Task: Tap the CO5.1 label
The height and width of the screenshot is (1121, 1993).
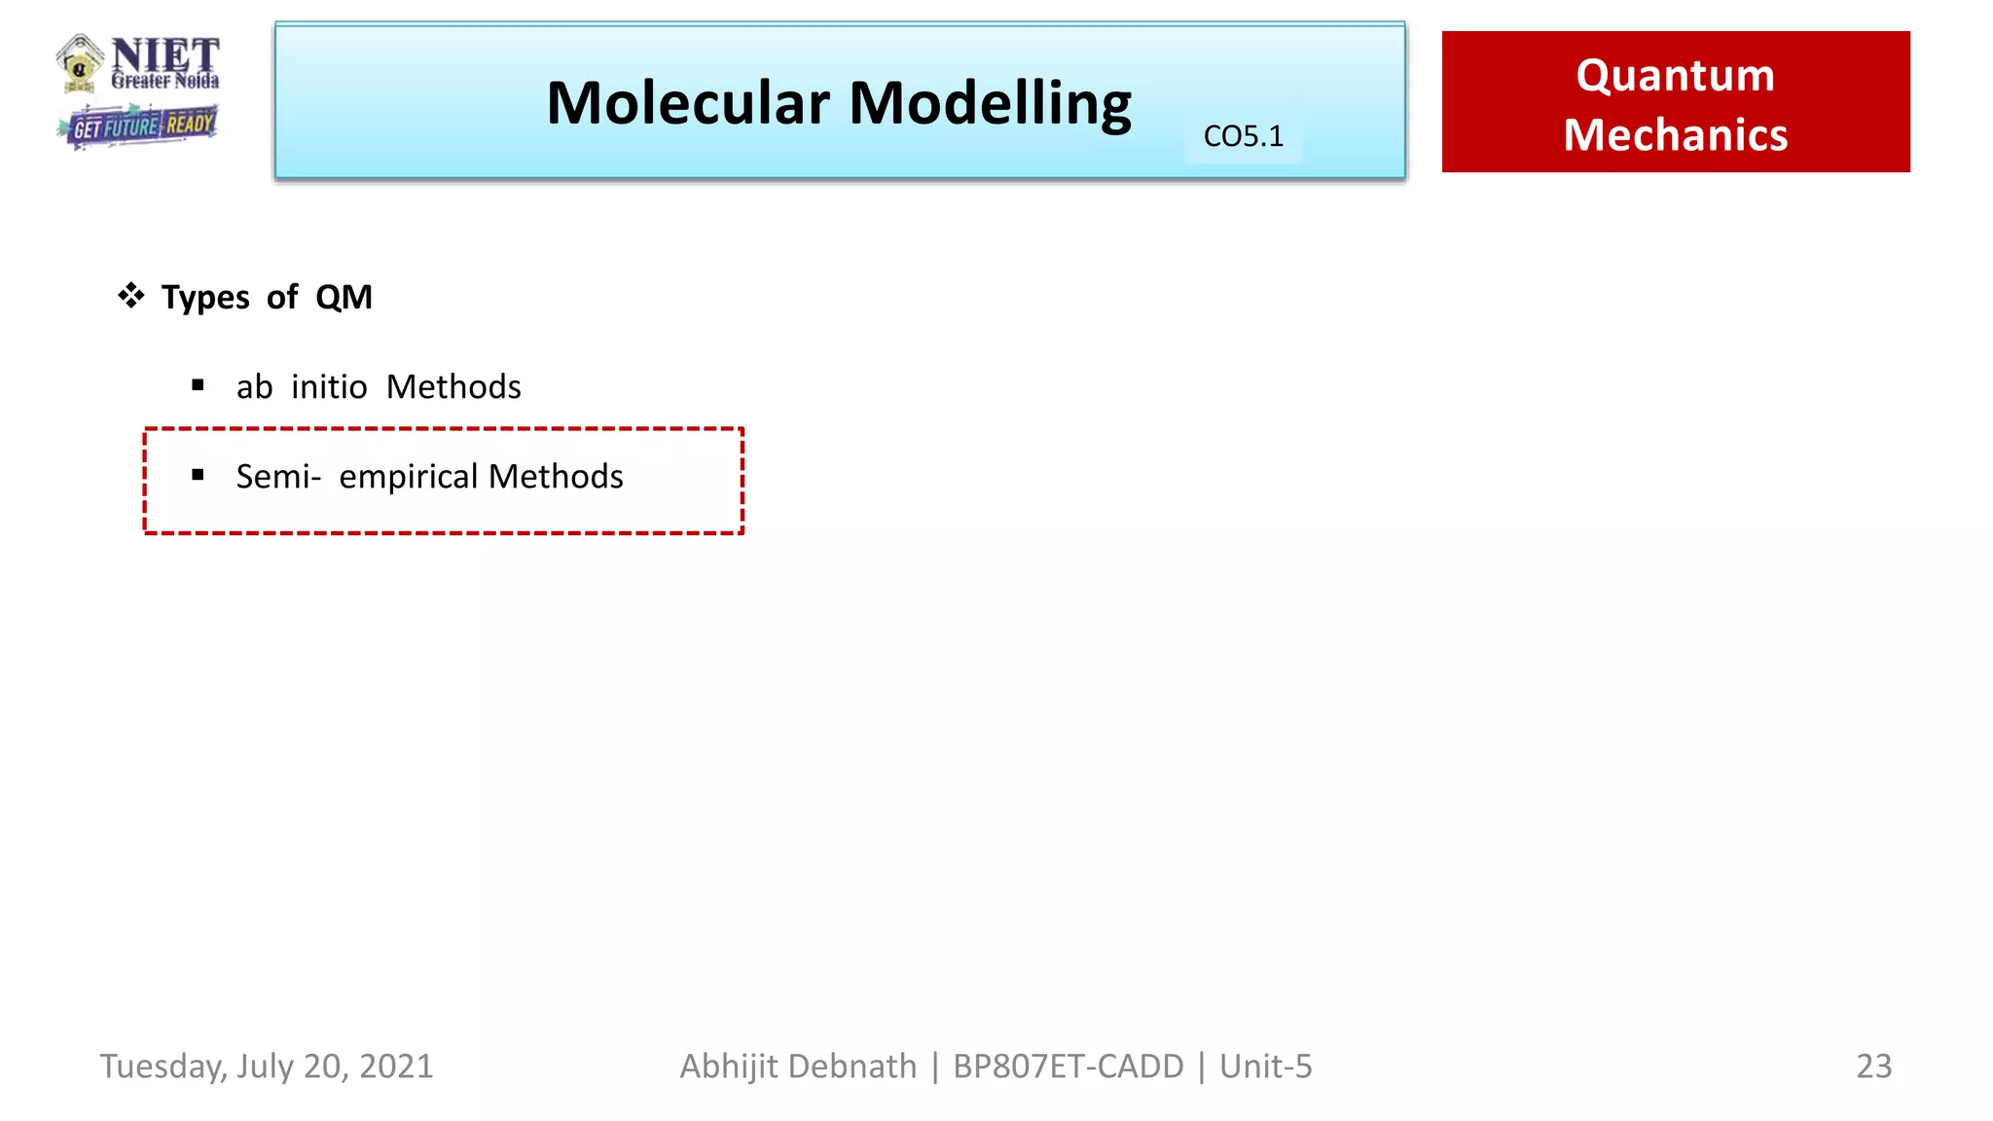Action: [x=1243, y=136]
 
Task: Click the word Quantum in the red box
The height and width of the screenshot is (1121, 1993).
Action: [x=1675, y=76]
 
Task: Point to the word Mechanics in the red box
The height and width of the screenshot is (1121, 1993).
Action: [x=1675, y=134]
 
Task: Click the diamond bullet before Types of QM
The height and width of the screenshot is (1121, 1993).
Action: [x=131, y=295]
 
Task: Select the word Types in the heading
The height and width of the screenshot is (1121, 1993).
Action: [x=205, y=298]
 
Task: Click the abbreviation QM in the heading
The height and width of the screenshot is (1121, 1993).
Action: [x=344, y=297]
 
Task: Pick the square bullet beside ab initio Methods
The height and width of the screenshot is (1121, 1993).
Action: [x=199, y=385]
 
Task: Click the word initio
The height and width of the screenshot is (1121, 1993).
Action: [x=329, y=387]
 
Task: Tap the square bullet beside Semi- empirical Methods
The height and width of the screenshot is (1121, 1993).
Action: [x=199, y=475]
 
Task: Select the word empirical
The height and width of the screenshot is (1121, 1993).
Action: [x=408, y=478]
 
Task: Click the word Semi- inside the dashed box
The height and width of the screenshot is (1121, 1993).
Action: [x=278, y=477]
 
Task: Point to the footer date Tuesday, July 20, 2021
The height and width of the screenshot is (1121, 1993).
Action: [x=267, y=1067]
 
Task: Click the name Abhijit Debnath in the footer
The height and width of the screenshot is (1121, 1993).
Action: [x=798, y=1067]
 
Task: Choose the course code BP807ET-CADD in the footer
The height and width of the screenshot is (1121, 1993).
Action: [x=1068, y=1067]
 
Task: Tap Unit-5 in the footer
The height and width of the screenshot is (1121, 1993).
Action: [x=1265, y=1067]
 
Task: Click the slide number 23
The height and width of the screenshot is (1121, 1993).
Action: [x=1873, y=1067]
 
